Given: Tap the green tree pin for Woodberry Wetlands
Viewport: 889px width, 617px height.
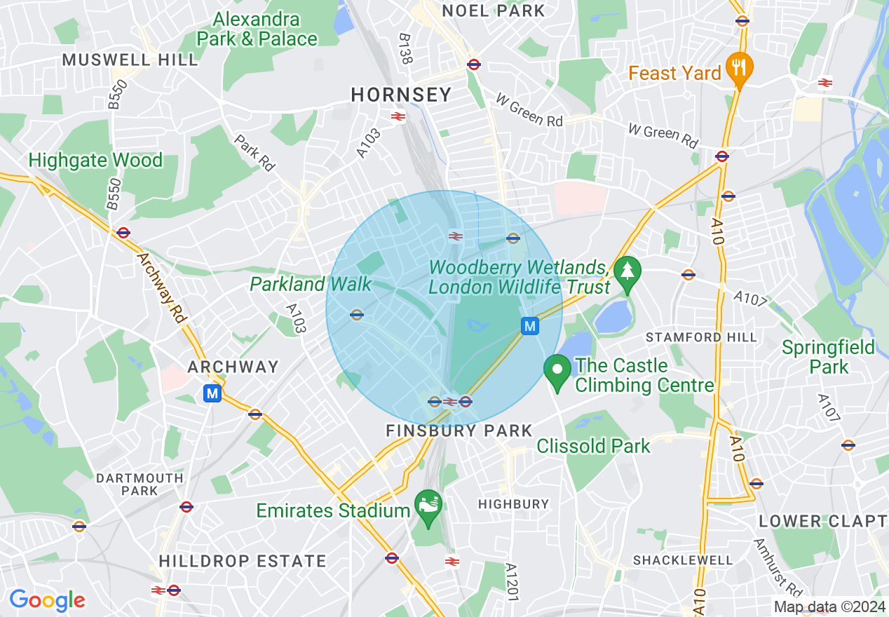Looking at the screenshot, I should click(x=627, y=271).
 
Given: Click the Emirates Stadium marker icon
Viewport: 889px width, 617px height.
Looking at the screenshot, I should click(x=426, y=506).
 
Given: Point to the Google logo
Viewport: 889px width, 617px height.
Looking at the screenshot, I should click(x=47, y=600).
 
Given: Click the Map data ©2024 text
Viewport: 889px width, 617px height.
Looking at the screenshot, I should click(x=829, y=606).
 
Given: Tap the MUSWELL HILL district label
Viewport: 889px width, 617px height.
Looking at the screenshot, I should click(x=130, y=60).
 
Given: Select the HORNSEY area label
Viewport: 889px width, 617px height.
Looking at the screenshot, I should click(x=401, y=95).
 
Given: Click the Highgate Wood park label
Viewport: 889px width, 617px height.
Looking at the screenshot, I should click(x=95, y=161).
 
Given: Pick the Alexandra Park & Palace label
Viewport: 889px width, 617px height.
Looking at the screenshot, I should click(x=257, y=29).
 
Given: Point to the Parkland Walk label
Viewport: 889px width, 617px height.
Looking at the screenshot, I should click(x=311, y=284).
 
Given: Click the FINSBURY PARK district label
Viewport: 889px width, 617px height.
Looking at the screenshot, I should click(x=459, y=430).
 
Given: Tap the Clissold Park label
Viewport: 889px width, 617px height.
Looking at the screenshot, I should click(x=593, y=446).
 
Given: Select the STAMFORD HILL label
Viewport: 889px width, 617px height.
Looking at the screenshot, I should click(x=701, y=337).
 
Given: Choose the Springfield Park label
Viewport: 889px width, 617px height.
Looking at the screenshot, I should click(x=828, y=357).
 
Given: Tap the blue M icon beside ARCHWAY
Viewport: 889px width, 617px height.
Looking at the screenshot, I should click(x=212, y=394).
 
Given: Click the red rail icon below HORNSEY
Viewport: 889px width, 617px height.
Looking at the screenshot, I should click(x=398, y=116).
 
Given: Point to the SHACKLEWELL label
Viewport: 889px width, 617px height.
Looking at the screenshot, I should click(x=682, y=560).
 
